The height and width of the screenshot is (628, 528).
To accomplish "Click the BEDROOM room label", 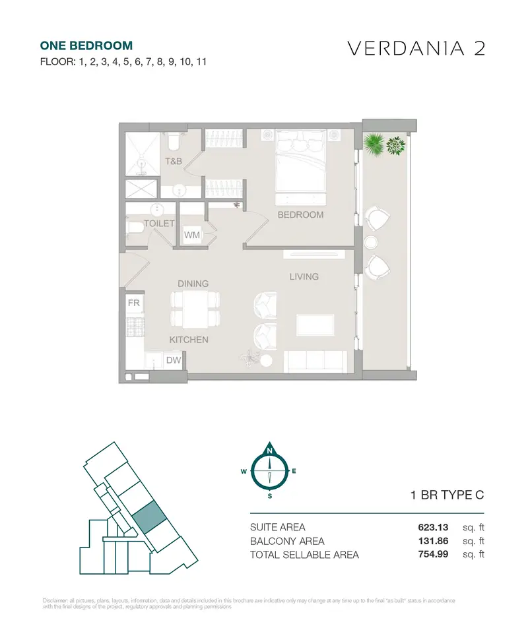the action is tap(300, 214).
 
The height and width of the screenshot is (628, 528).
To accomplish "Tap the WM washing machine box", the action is tap(192, 235).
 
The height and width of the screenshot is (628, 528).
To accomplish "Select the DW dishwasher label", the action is tap(174, 360).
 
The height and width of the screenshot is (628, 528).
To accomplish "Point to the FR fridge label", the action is tap(134, 303).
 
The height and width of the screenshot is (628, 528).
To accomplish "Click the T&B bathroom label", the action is tap(174, 162).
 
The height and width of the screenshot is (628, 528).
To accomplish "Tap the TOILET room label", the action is tap(159, 224).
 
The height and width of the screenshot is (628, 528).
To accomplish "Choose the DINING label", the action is tap(193, 284).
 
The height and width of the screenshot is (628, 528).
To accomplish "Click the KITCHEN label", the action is tap(189, 340).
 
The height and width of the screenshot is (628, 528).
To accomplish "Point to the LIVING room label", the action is tap(304, 276).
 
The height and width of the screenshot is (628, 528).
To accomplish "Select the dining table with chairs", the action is tap(195, 309).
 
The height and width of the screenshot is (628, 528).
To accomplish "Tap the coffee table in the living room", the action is tap(315, 325).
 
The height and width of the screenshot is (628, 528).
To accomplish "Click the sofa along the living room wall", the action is tap(315, 361).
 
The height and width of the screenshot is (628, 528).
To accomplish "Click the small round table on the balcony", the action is tap(371, 242).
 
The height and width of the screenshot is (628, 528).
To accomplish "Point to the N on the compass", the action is tap(269, 451).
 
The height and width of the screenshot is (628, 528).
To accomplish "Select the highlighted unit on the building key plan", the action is tap(149, 517).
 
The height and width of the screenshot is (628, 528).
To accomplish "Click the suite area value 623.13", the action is tap(433, 528).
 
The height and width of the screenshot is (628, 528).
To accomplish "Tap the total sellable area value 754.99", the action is tap(433, 554).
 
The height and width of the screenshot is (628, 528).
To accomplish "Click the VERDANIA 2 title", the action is tap(416, 48).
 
